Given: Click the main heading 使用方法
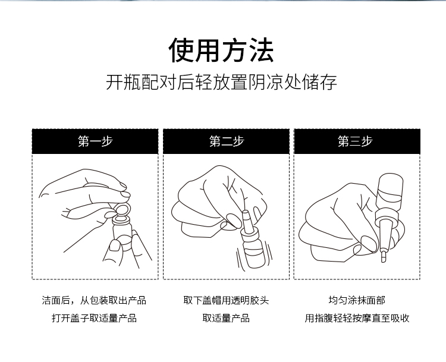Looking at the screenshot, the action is (221, 50).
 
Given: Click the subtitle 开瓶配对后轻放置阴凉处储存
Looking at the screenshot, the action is (221, 82).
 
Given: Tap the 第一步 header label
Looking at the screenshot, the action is (95, 141).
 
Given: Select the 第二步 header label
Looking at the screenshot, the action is (227, 141).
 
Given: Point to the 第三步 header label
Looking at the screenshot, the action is (355, 141).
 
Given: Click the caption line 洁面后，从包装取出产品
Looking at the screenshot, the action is (94, 300).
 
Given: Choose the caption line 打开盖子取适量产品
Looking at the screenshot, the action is (94, 318).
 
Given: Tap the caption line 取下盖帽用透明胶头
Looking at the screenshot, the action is (226, 300).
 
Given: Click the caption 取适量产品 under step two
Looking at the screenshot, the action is (226, 318).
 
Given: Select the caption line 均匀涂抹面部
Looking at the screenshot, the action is (357, 300).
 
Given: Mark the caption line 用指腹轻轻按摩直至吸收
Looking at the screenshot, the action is (357, 318).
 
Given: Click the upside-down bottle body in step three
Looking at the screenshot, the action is (390, 192).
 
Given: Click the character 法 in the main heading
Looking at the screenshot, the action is (262, 50).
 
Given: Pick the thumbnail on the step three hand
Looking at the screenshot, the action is (368, 243).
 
